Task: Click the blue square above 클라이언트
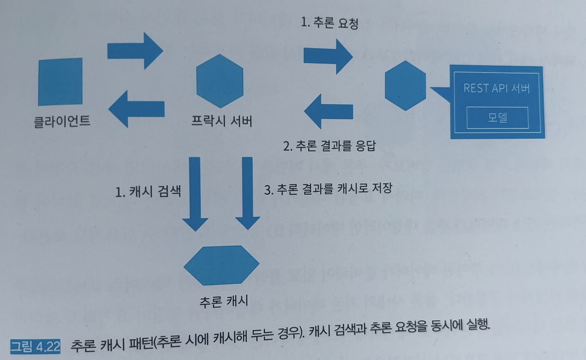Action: [60, 81]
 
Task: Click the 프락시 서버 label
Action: [222, 121]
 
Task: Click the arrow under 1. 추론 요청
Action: [328, 55]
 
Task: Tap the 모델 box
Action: [497, 118]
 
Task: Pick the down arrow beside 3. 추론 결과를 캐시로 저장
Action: [247, 194]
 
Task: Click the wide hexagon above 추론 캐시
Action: [221, 265]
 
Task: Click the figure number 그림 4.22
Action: [35, 346]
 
